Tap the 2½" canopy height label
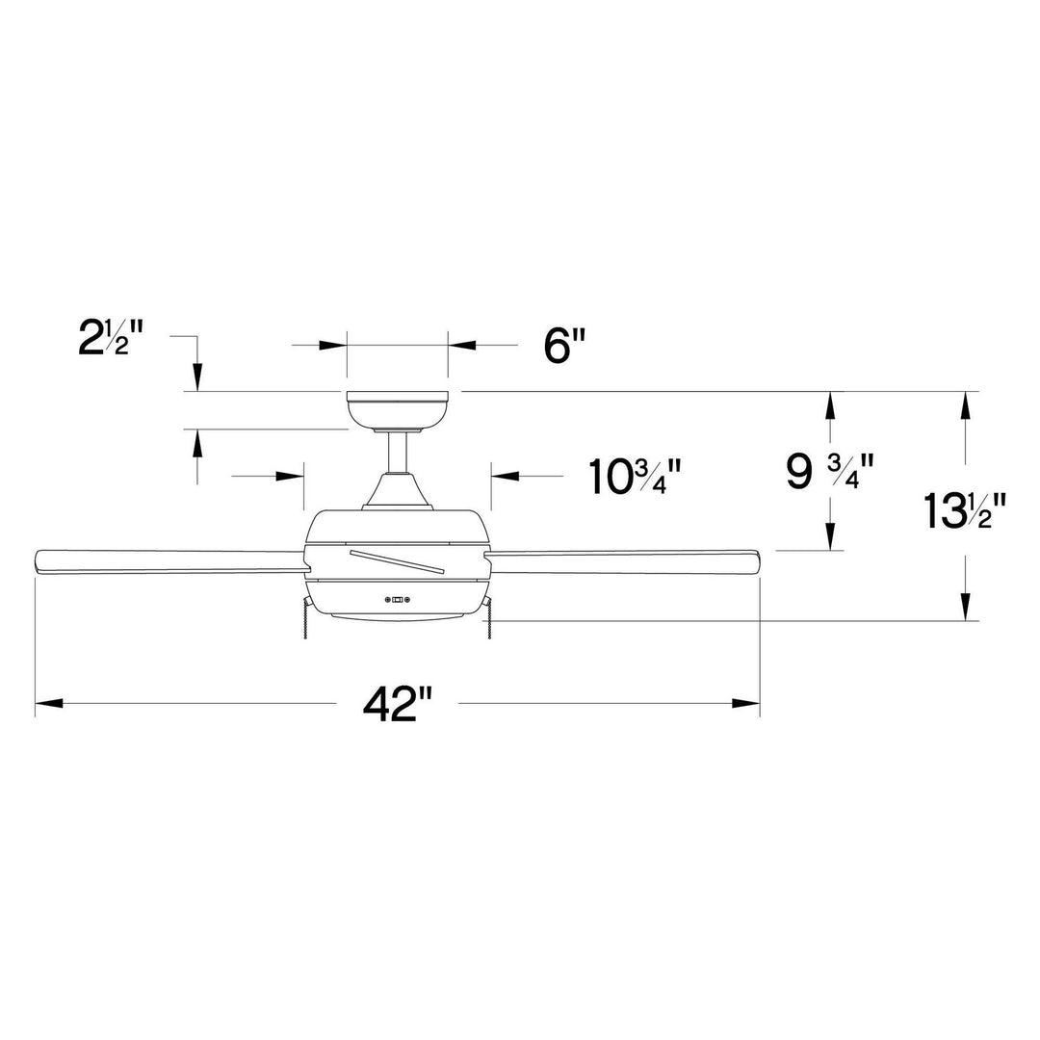[x=111, y=339]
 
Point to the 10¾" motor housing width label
[x=636, y=476]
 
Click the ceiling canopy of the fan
[x=397, y=410]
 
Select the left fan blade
[x=164, y=561]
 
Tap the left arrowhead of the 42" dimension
[x=48, y=704]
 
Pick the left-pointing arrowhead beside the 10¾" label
[x=505, y=476]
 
